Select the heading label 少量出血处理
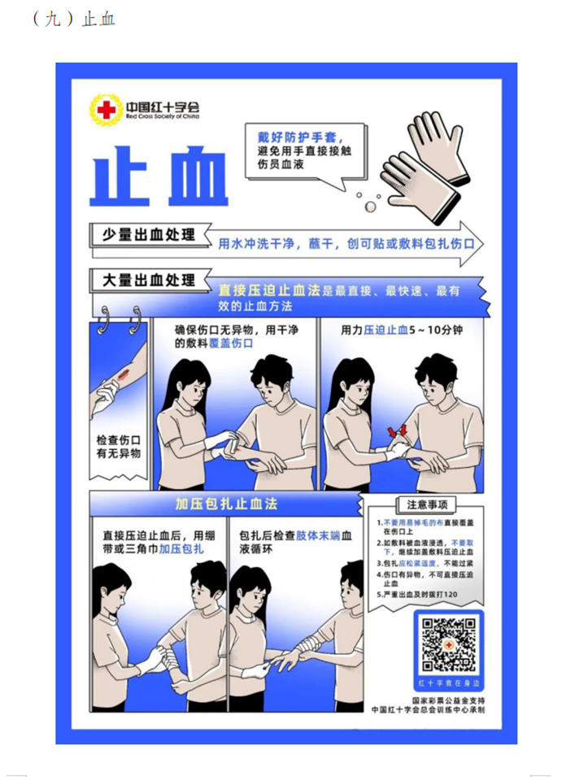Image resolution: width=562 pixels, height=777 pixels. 148,235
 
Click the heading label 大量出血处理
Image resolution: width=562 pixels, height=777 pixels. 148,280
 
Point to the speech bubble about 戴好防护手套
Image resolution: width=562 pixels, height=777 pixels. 303,149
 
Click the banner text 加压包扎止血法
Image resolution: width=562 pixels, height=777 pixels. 226,504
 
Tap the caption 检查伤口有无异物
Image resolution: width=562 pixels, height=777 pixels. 119,446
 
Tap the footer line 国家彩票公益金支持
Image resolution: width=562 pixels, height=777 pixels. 448,699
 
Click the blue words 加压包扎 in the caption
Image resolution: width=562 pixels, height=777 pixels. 181,550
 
